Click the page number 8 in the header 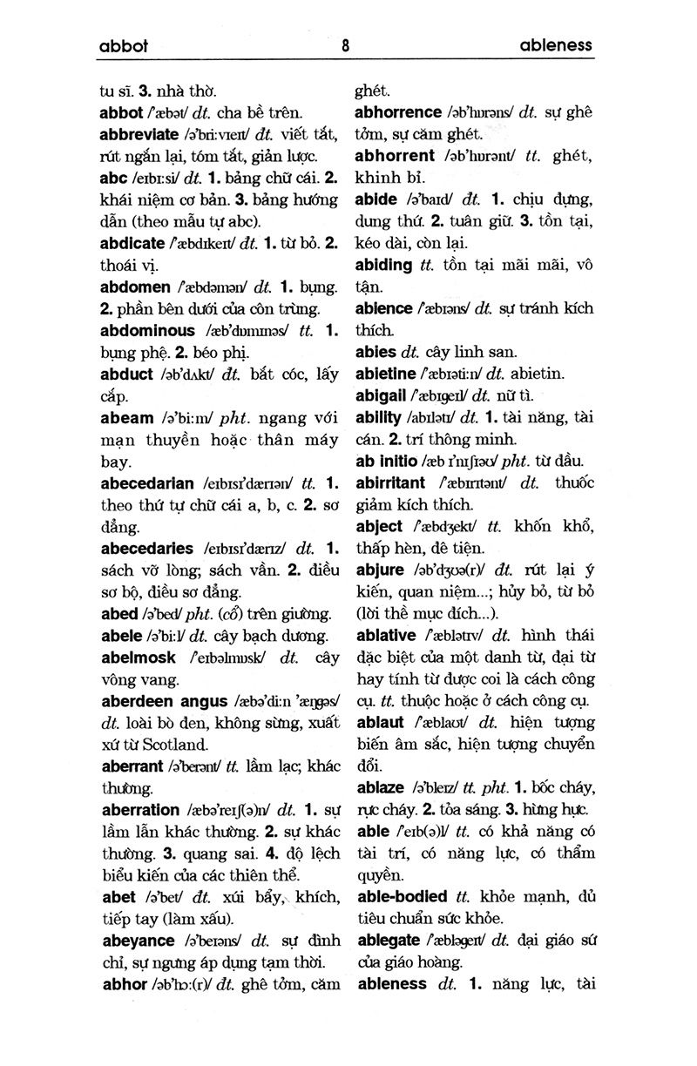(x=347, y=46)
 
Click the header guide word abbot (x=123, y=46)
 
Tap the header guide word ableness (x=555, y=45)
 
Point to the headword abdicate (x=132, y=244)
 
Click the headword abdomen (x=135, y=287)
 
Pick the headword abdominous (x=148, y=331)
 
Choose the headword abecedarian (x=146, y=483)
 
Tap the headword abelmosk (x=139, y=658)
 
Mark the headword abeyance (x=138, y=941)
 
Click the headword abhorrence (x=398, y=112)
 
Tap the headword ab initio (x=386, y=461)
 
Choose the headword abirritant (x=390, y=482)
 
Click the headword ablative (x=386, y=635)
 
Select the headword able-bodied (x=402, y=896)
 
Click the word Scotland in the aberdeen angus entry (x=174, y=745)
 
